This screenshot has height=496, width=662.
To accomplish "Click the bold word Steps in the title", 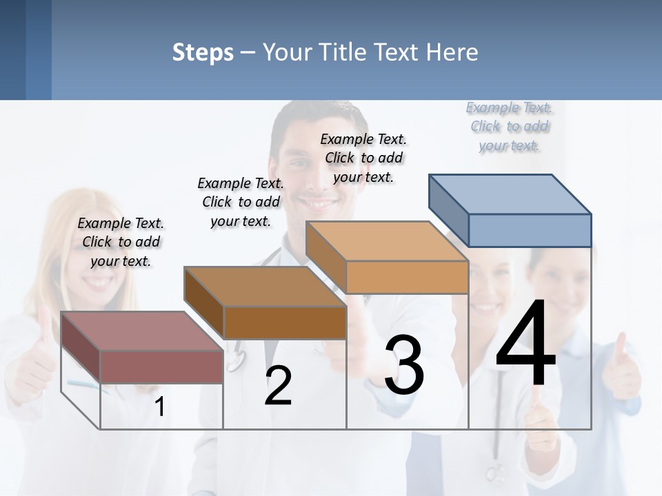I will click(203, 52).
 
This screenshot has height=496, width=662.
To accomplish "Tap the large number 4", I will click(525, 344).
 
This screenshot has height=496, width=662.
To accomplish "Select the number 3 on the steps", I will click(404, 365).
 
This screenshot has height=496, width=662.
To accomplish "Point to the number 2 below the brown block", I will click(278, 386).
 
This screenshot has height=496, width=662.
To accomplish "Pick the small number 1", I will click(159, 407).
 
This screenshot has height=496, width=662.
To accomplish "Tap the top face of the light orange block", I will click(386, 241).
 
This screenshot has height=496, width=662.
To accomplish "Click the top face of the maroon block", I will click(142, 331).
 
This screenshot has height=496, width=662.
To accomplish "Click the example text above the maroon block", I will click(121, 242).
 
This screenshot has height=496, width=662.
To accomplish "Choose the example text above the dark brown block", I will click(241, 202).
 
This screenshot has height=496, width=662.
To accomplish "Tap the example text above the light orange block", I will click(363, 158).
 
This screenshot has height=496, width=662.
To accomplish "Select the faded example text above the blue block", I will click(510, 126).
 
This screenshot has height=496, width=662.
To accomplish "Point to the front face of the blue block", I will click(530, 230).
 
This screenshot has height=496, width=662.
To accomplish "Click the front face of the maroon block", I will click(161, 366).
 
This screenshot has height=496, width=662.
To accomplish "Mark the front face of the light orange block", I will click(407, 277).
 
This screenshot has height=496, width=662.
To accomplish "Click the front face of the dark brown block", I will click(285, 322).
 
